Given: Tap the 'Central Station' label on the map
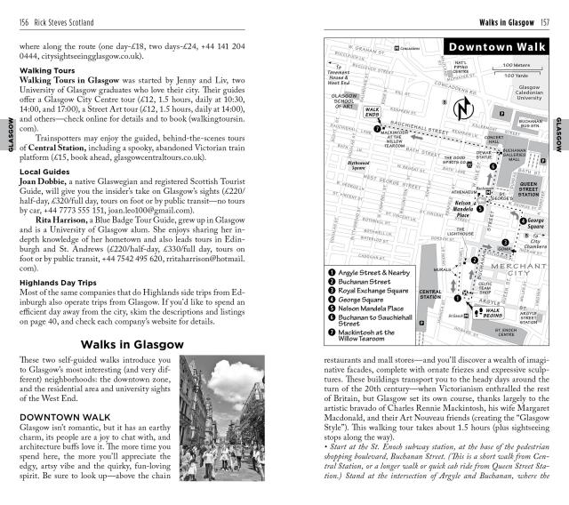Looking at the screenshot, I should (x=430, y=294).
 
